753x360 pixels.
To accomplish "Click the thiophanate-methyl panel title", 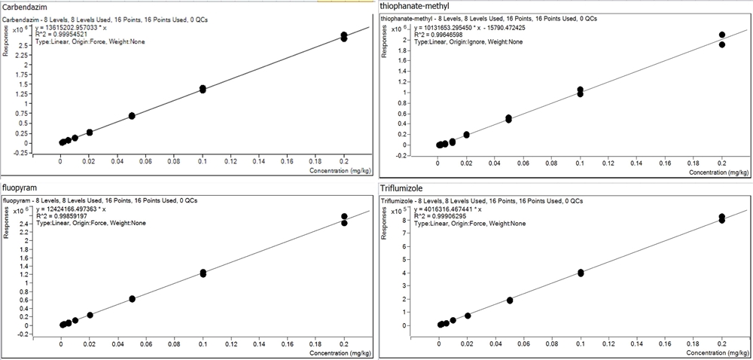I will click(x=415, y=8).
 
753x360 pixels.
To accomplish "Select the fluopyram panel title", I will click(x=22, y=187).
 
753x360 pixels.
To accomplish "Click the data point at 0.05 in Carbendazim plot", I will click(x=132, y=115).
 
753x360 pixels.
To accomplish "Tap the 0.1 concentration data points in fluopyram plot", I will click(x=203, y=273).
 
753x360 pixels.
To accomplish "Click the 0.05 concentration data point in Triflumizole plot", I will click(x=510, y=300).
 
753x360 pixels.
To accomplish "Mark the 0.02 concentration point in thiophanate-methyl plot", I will click(x=467, y=135).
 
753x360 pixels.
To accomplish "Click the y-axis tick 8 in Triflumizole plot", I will click(x=404, y=221).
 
